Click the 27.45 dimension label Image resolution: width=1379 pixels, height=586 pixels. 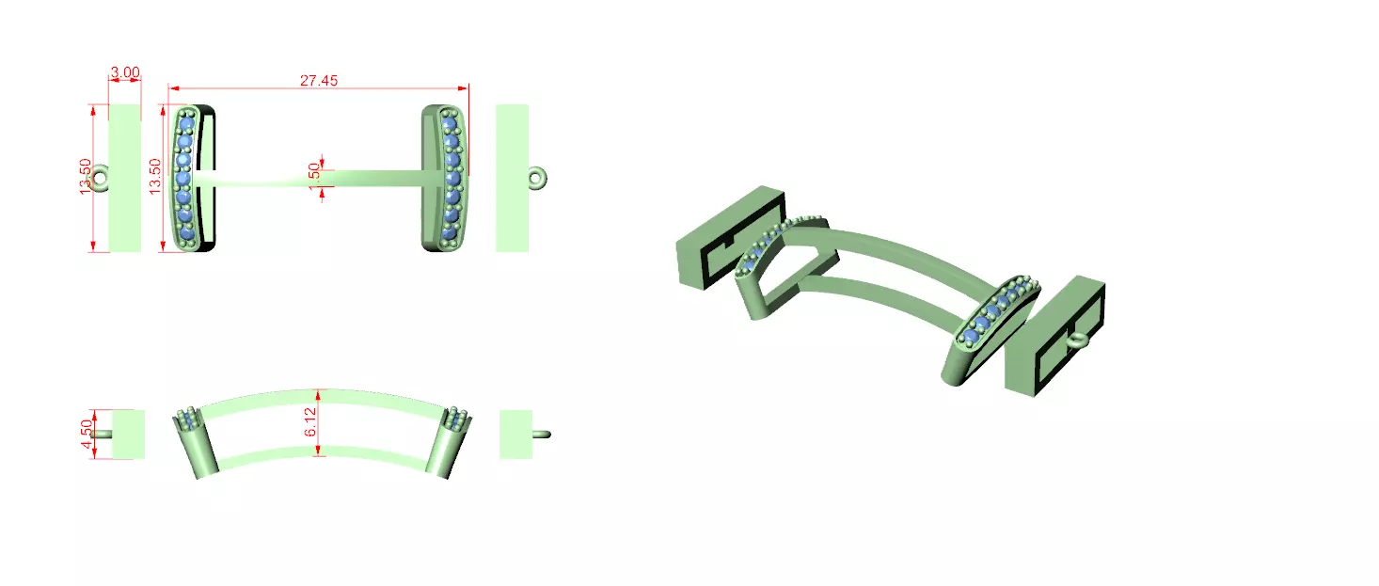(319, 81)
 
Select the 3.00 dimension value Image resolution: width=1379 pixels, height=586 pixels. (125, 72)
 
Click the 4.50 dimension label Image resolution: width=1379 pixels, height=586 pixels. (87, 434)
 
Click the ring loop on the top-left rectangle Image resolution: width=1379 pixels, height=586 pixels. (100, 177)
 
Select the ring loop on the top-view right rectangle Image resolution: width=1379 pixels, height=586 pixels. (538, 177)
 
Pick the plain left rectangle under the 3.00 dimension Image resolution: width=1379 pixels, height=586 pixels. (125, 178)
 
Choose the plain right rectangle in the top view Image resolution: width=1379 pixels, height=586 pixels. (512, 178)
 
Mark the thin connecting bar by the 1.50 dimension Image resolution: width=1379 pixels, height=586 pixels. (376, 177)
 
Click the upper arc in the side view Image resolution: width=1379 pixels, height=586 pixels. (320, 398)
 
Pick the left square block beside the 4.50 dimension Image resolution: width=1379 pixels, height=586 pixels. (128, 434)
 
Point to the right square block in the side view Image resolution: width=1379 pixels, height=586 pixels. (516, 434)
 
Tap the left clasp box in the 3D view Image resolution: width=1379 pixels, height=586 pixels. (729, 237)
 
